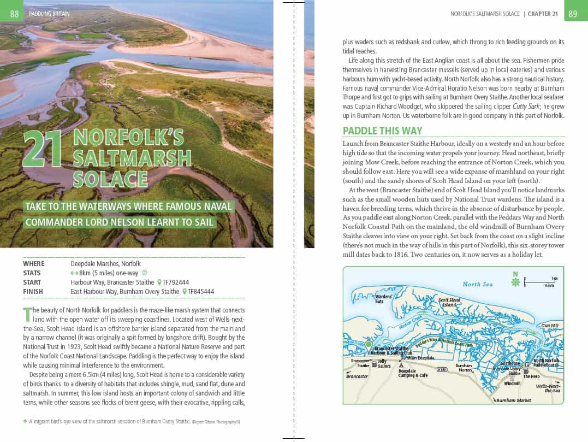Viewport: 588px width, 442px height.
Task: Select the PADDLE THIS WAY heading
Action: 382,131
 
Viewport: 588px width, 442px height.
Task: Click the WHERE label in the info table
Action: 34,263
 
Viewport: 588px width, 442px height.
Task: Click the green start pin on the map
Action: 369,345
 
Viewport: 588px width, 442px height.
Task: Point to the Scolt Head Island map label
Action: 449,302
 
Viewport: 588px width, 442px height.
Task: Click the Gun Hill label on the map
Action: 549,326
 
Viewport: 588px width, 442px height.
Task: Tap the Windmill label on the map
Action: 512,384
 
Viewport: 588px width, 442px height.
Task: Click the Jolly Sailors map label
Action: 384,363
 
